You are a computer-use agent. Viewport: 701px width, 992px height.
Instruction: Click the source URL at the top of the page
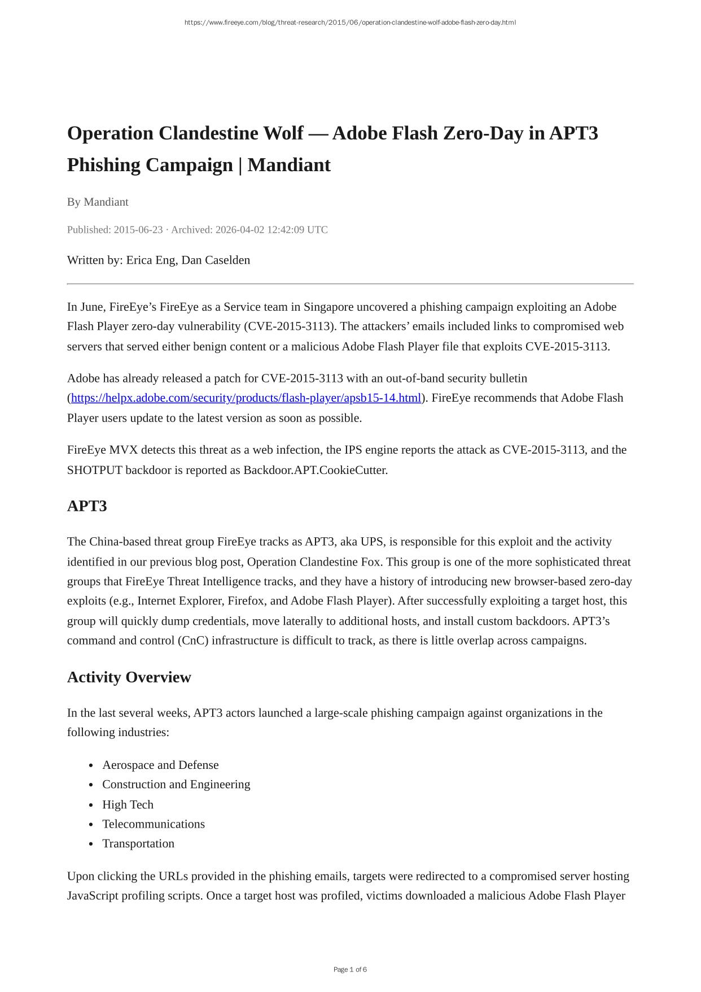tap(350, 23)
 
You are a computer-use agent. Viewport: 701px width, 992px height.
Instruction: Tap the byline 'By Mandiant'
tap(98, 202)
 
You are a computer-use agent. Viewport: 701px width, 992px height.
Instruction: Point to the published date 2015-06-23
tap(138, 229)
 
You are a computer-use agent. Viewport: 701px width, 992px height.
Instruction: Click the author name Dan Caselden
tap(216, 260)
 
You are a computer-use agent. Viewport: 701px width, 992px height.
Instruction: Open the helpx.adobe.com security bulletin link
tap(246, 398)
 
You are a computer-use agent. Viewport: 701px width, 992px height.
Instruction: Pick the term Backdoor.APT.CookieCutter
tap(315, 470)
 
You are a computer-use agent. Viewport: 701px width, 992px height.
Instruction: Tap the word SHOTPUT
tap(95, 470)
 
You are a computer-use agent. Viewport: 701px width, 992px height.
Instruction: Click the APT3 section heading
tap(87, 506)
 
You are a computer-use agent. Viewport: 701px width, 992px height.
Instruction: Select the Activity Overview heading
tap(129, 677)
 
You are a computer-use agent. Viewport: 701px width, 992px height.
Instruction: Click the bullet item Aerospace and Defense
tap(160, 765)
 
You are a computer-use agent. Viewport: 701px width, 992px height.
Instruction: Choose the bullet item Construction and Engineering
tap(176, 784)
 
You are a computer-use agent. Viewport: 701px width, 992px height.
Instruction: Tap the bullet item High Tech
tap(128, 804)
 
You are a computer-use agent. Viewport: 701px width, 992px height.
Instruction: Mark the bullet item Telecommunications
tap(154, 824)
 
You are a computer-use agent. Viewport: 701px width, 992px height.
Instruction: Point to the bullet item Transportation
tap(138, 843)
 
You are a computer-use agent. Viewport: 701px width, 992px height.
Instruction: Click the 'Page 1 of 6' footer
tap(350, 969)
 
